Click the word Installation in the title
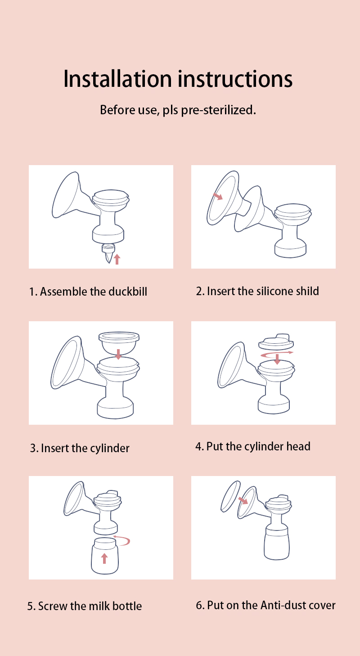point(117,79)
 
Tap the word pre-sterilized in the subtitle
point(219,110)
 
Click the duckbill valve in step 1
point(108,253)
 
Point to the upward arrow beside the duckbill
point(117,259)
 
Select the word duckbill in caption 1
point(128,292)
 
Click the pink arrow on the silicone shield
point(218,196)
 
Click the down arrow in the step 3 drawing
point(118,354)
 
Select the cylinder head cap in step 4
point(276,341)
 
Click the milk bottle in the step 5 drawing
point(105,556)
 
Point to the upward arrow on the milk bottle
point(104,558)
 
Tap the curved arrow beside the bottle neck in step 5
point(122,540)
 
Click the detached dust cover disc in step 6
point(230,496)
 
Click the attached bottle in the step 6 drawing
point(276,543)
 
